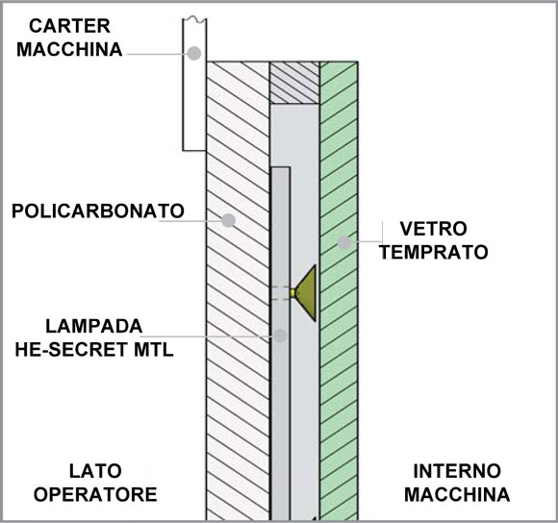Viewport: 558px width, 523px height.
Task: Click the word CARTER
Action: (x=69, y=26)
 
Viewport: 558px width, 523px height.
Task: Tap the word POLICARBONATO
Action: (x=98, y=211)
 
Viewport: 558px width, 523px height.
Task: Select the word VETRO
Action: (x=433, y=229)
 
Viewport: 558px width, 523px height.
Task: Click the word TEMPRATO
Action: (x=434, y=252)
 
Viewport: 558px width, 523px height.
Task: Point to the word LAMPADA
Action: (x=94, y=326)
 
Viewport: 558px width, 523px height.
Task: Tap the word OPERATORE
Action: (x=95, y=494)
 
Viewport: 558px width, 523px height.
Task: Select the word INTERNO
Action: (x=457, y=471)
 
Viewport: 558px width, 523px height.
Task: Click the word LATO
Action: (x=95, y=471)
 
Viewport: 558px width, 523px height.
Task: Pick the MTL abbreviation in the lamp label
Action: (x=153, y=350)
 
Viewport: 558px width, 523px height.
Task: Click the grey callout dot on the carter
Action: (x=194, y=53)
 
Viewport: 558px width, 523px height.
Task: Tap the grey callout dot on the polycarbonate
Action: (x=228, y=220)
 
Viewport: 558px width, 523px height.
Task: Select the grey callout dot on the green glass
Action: (x=344, y=242)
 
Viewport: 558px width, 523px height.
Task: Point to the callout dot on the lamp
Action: (x=280, y=336)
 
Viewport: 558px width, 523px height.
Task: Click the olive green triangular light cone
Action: (x=307, y=293)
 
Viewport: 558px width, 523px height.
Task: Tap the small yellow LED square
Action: (x=292, y=293)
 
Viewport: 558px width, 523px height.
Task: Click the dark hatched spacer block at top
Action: (x=294, y=83)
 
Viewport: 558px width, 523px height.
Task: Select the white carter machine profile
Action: (x=194, y=85)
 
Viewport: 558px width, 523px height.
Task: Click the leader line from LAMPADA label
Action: (x=208, y=336)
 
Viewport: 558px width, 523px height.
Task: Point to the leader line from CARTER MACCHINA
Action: (x=157, y=54)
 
